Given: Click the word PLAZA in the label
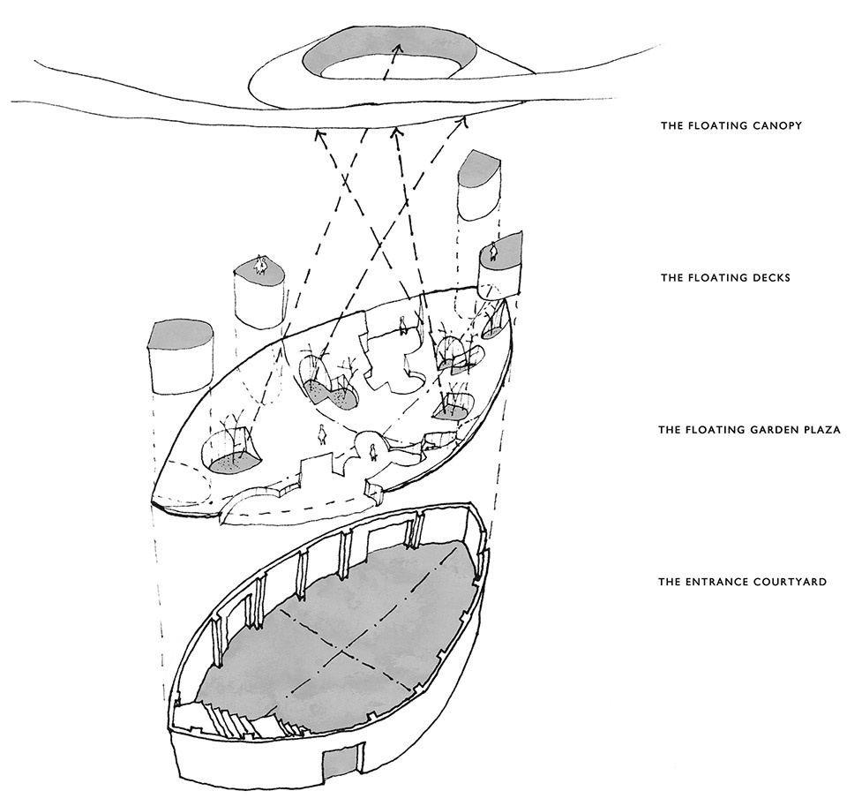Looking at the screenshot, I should (x=817, y=431).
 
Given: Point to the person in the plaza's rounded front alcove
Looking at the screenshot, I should (x=374, y=452).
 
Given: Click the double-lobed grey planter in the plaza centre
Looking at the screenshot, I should (x=331, y=390).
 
